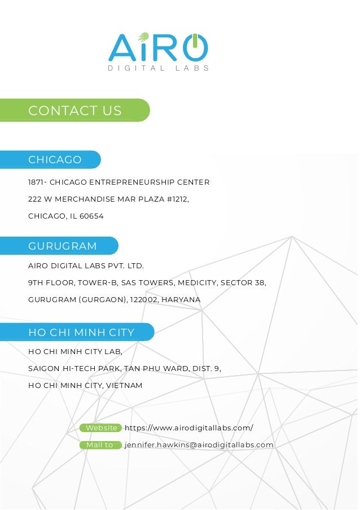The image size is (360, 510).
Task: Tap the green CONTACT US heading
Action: (74, 111)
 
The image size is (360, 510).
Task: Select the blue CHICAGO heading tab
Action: (55, 160)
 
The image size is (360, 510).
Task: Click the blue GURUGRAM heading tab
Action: (62, 246)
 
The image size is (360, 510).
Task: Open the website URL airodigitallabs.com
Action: (188, 428)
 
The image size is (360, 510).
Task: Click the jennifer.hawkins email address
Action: (199, 445)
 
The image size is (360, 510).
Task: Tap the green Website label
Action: (101, 428)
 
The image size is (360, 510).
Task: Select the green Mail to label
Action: (99, 445)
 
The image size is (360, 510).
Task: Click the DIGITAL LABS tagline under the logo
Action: (159, 68)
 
